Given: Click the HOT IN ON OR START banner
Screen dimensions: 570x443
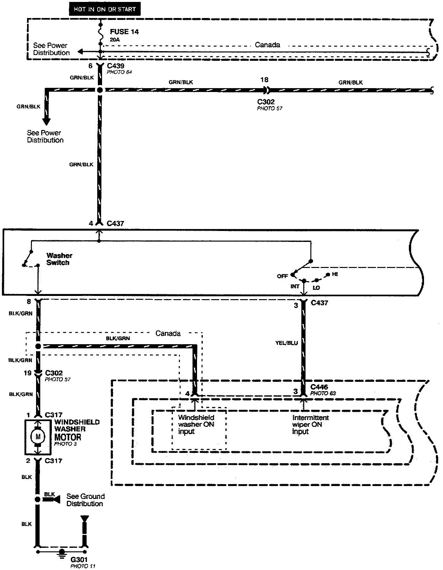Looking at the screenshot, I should (105, 9).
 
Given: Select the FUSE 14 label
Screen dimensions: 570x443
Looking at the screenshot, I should (124, 32).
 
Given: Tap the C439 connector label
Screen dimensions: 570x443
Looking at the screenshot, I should (116, 66).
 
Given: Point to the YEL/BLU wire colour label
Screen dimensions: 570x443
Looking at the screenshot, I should (287, 343).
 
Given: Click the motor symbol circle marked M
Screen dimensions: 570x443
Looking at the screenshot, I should (38, 437).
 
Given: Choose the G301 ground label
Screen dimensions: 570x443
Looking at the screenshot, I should (79, 560).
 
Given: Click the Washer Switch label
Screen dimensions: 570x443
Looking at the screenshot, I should (59, 259).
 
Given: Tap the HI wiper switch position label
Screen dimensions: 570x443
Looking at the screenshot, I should (335, 274).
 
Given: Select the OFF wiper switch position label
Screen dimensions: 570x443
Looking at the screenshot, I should (282, 276).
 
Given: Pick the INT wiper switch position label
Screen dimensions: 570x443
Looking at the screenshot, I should (295, 286).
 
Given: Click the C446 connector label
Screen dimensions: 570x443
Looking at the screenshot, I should (319, 387).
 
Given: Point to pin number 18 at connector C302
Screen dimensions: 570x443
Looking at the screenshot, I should (264, 80).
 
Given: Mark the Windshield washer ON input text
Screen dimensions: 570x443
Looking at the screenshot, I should (196, 424).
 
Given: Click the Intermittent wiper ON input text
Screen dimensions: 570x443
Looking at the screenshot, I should (310, 424).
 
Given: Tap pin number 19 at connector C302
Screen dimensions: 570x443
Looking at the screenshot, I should (27, 373).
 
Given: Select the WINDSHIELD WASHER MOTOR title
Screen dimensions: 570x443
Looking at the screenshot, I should (77, 429).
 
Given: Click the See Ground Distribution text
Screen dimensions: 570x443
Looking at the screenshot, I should (85, 500).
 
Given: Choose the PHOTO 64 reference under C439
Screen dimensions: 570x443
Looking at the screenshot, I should (119, 72).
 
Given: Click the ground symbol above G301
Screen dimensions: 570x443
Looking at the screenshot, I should (61, 552).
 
